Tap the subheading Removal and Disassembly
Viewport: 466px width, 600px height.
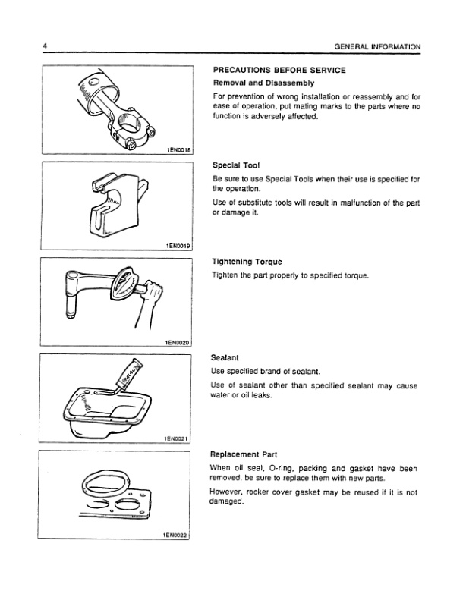click(x=263, y=83)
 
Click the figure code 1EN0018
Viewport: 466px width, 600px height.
click(x=180, y=150)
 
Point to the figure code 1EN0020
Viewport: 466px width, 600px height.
click(x=180, y=343)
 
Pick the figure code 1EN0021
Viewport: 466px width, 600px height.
click(x=180, y=439)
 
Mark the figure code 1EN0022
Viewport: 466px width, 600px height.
click(x=180, y=536)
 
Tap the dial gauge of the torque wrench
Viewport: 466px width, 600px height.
click(x=125, y=287)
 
